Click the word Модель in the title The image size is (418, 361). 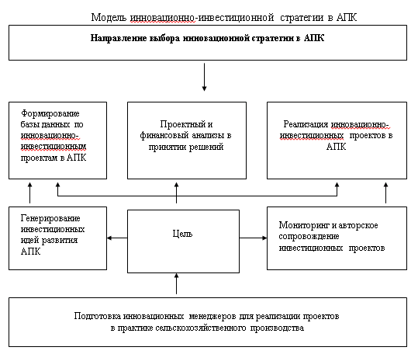(109, 18)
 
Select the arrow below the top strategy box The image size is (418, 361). (204, 77)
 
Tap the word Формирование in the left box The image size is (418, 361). (50, 113)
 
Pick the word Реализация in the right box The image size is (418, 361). (306, 124)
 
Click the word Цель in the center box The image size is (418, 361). (182, 234)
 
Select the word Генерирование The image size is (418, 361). (50, 218)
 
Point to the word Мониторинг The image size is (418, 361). (304, 225)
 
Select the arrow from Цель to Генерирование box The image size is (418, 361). (117, 238)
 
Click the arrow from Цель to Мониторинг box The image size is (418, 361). (253, 238)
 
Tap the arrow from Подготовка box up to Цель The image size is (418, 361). (176, 283)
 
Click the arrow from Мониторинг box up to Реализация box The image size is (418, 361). (385, 193)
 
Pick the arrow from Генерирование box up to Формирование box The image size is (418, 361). (29, 193)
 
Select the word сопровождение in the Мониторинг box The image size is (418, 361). (309, 237)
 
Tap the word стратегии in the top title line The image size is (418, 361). (302, 18)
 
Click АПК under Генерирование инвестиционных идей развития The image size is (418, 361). (31, 252)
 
